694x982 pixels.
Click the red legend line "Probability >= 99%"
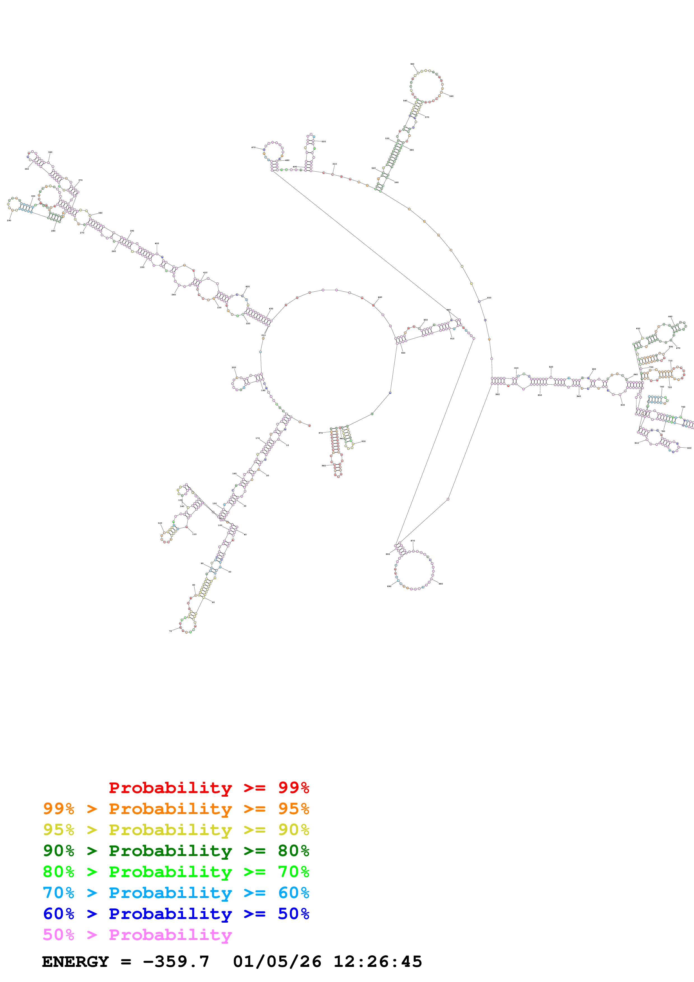click(209, 788)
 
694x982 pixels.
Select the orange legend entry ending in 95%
click(176, 809)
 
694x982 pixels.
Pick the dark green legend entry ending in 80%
click(176, 851)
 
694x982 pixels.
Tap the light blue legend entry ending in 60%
click(176, 893)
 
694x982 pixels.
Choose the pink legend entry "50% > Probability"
click(137, 934)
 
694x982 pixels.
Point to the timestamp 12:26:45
click(378, 962)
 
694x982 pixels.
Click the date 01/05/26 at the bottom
click(277, 962)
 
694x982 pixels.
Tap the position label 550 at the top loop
click(412, 64)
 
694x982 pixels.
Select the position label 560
click(451, 96)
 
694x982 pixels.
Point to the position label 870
click(413, 541)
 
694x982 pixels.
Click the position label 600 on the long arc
click(489, 298)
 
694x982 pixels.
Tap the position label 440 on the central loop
click(380, 297)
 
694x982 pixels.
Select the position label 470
click(253, 148)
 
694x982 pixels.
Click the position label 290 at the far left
click(9, 220)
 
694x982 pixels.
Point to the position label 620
click(551, 367)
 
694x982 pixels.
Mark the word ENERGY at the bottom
click(75, 962)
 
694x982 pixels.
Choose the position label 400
click(157, 243)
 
